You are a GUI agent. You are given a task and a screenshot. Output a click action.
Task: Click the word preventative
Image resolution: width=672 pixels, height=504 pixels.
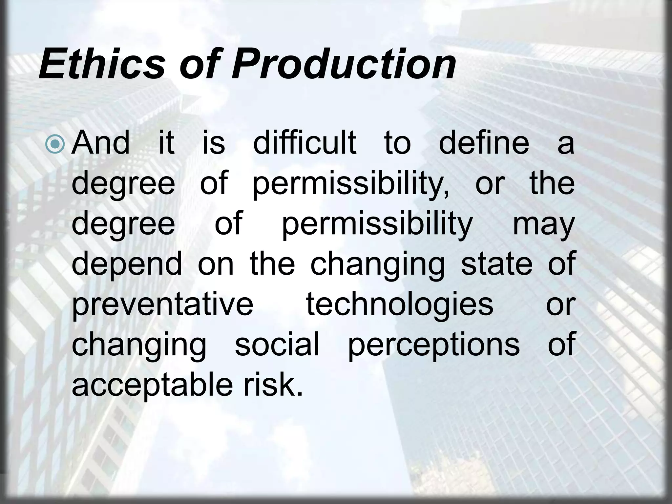point(162,304)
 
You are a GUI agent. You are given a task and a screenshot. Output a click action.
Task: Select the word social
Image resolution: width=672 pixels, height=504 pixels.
point(277,344)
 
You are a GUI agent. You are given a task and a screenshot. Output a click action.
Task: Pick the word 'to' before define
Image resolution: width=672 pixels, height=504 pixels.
point(397,143)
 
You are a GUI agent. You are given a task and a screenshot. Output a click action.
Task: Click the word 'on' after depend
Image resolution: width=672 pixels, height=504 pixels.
point(216,264)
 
